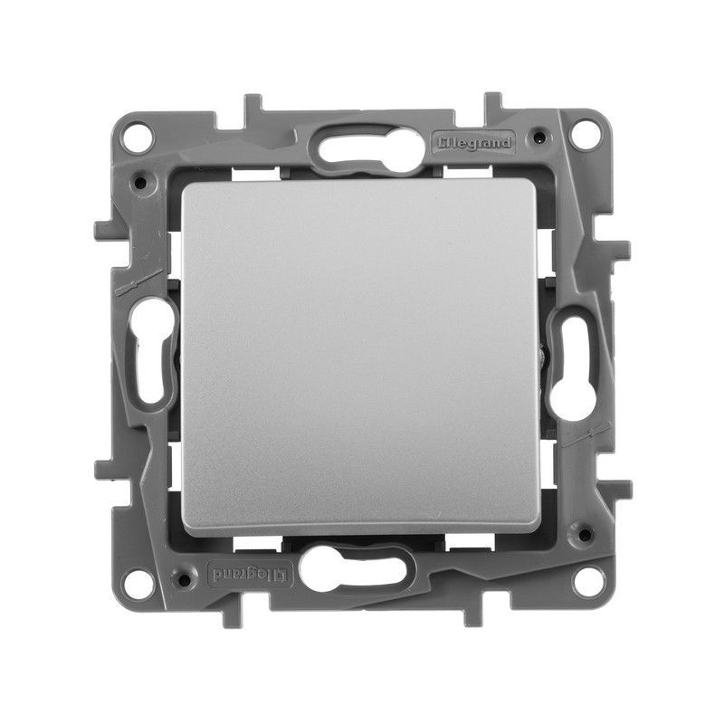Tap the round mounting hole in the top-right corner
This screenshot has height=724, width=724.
click(x=586, y=138)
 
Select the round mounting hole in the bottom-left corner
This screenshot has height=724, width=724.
click(x=138, y=580)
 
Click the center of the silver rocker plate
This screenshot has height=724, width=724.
click(x=362, y=357)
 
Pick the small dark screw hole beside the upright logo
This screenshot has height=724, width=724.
click(x=539, y=139)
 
